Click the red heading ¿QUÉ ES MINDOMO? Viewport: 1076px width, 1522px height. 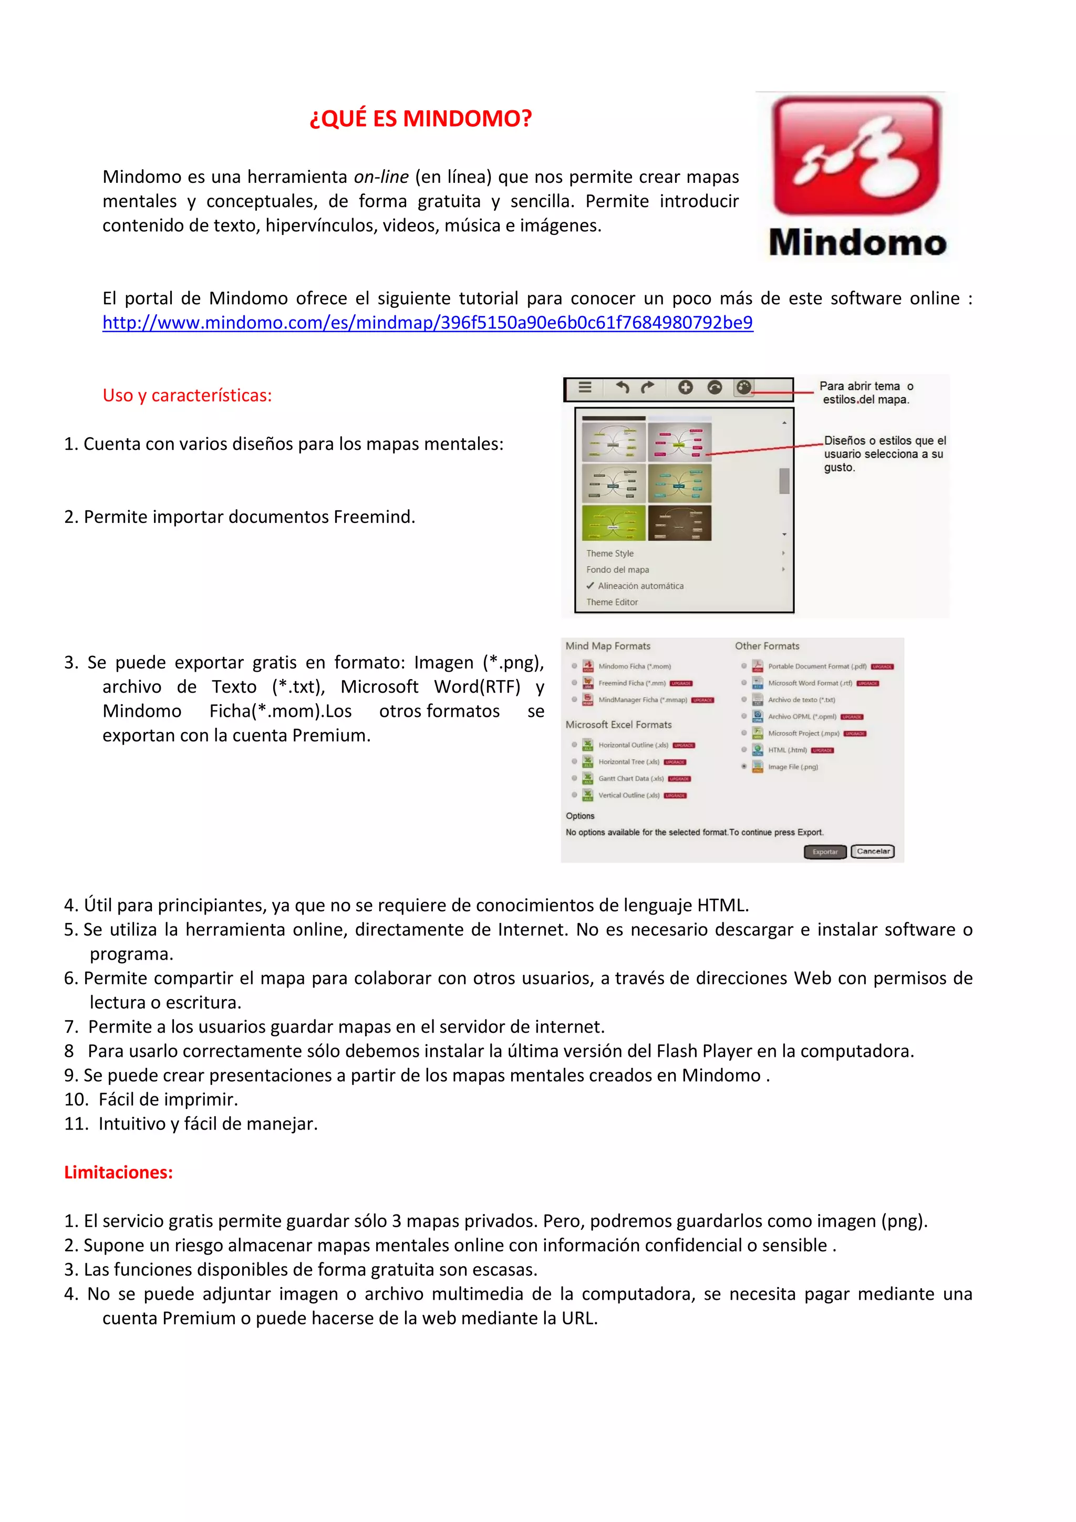(x=421, y=119)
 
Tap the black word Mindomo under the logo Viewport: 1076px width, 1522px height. (x=857, y=243)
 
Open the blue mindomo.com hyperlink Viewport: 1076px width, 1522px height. (x=427, y=323)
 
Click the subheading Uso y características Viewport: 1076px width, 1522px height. (x=187, y=396)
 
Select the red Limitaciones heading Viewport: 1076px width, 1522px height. (x=118, y=1172)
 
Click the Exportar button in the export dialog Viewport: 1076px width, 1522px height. (x=824, y=852)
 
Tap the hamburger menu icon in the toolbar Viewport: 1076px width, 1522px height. (x=584, y=387)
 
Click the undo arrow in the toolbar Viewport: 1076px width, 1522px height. (x=622, y=387)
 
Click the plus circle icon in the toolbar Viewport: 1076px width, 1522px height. (x=685, y=387)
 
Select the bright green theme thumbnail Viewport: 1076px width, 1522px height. (x=613, y=523)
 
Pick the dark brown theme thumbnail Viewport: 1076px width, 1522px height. (x=679, y=523)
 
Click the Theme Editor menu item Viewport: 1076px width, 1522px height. (x=612, y=602)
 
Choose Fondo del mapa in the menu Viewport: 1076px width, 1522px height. (x=617, y=569)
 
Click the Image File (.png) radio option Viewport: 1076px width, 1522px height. (x=744, y=766)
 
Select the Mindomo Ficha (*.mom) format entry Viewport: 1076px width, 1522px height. (x=634, y=666)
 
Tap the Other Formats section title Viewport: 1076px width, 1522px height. (x=767, y=646)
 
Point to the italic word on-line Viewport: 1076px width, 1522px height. (x=381, y=177)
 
